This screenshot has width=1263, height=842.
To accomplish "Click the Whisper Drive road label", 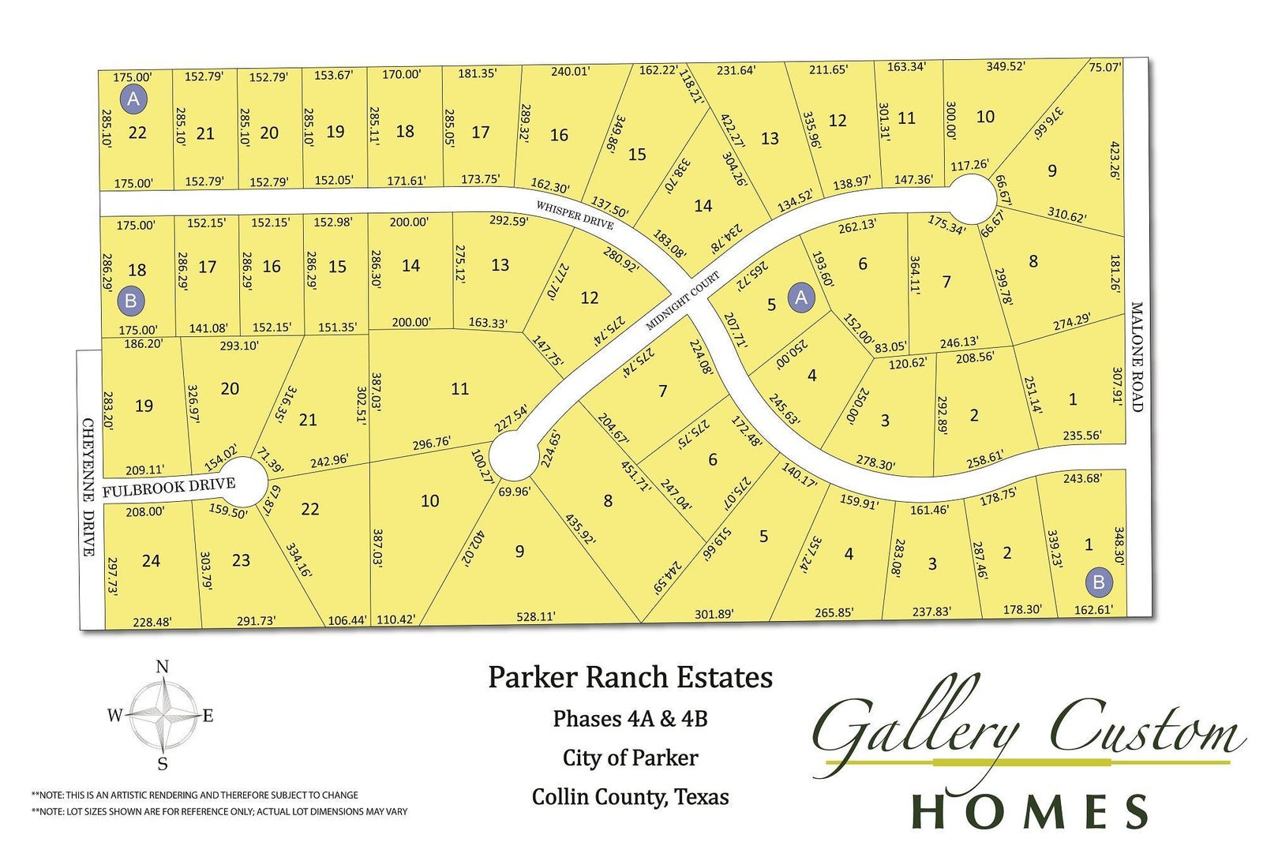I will (574, 215).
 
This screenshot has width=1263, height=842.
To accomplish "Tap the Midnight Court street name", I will (683, 301).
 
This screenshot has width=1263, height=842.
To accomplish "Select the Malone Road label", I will (1137, 357).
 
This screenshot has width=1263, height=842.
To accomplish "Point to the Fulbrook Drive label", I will (169, 488).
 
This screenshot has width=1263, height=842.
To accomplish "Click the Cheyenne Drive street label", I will (89, 487).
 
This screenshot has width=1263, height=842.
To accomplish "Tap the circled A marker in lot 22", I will (133, 99).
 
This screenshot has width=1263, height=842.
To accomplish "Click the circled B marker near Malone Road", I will (1098, 582).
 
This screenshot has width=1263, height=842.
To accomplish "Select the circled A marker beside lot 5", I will (801, 298).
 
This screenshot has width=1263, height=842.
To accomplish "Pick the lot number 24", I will (151, 561).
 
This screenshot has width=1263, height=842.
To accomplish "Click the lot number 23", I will (241, 560).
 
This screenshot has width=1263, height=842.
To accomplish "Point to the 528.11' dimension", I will (536, 616).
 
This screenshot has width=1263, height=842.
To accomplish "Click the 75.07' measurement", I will (1104, 67).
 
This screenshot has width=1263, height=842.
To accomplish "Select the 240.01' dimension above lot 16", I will (570, 71).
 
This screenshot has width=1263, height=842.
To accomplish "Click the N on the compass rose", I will (163, 667).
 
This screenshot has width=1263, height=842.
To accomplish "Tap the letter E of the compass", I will (208, 717).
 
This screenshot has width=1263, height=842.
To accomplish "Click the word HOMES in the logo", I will (1030, 810).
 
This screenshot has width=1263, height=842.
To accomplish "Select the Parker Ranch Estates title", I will (630, 677).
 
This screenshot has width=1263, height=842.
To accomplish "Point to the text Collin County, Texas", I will (630, 797).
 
